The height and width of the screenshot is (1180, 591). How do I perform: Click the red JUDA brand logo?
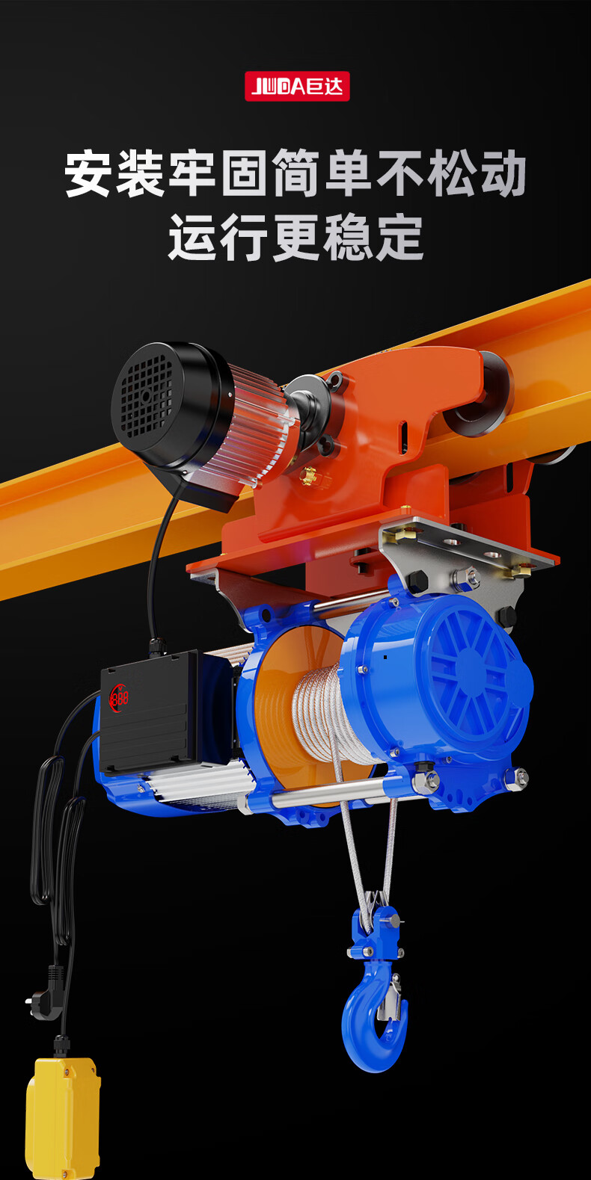click(x=297, y=86)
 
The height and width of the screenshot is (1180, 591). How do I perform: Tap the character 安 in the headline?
click(x=88, y=173)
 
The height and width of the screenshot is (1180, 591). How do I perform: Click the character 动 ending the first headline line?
click(x=503, y=173)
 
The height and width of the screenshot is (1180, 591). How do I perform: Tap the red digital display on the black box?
click(x=119, y=698)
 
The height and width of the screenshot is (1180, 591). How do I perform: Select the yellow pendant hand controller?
click(x=64, y=1119)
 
